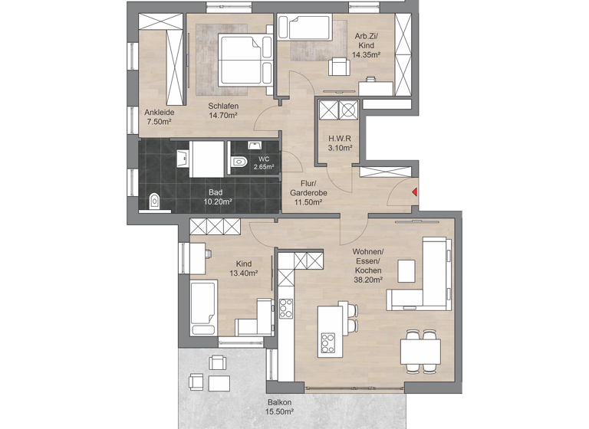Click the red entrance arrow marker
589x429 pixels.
coord(414,192)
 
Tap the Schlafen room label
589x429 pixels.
coord(223,106)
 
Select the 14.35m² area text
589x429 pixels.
coord(367,55)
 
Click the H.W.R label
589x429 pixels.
coord(340,139)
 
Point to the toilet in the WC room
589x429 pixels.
coord(239,161)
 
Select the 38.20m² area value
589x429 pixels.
coord(367,280)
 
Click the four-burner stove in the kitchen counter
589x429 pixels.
coord(286,308)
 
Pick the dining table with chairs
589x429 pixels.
coord(420,351)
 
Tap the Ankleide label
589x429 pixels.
coord(160,113)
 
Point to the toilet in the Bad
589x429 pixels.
coord(154,201)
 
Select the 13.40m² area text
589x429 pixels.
coord(244,272)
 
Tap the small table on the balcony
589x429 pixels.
coord(219,381)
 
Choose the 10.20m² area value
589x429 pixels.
coord(219,202)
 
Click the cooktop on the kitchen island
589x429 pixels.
coord(330,341)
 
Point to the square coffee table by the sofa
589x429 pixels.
coord(406,270)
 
